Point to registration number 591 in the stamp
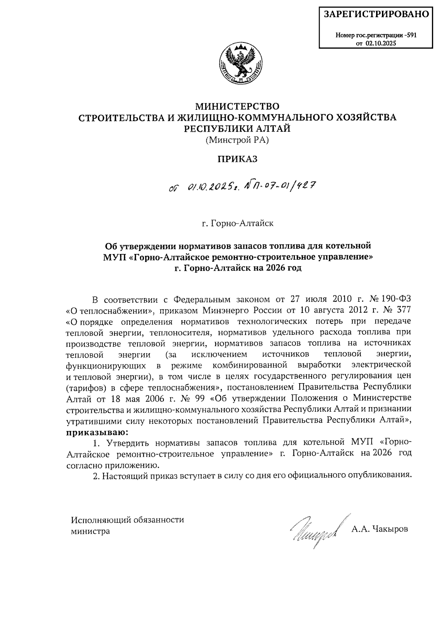411,36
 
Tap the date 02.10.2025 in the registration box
380,43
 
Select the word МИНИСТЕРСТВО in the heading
237,106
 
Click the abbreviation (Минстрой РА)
237,139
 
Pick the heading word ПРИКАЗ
237,159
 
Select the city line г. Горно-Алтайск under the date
237,223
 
